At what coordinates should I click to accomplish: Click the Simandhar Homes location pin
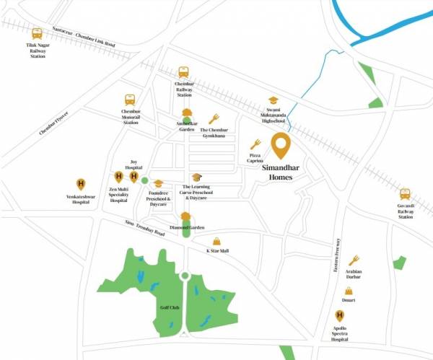(x=281, y=146)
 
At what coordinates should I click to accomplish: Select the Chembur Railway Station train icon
(x=184, y=72)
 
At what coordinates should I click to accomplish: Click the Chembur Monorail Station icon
(x=130, y=100)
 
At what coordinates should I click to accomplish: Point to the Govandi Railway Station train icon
(x=405, y=194)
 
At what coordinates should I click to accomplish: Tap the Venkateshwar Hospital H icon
(x=80, y=183)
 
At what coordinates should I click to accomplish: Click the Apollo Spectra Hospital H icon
(x=339, y=315)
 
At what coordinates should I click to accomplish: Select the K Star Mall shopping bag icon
(x=216, y=242)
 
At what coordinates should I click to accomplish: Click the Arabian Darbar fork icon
(x=354, y=260)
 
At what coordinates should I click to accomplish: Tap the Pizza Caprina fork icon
(x=255, y=144)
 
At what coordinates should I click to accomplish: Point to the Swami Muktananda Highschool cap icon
(x=273, y=101)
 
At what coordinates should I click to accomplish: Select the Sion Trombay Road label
(x=145, y=229)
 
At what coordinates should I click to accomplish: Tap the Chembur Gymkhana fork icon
(x=214, y=119)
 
